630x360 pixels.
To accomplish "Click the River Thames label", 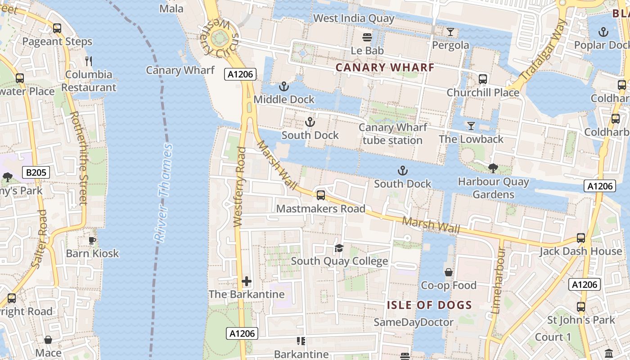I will pyautogui.click(x=163, y=193).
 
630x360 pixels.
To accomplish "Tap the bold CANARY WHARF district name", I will pyautogui.click(x=385, y=68).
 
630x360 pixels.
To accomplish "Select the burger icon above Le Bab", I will pyautogui.click(x=368, y=37).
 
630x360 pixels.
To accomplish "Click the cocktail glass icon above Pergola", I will pyautogui.click(x=450, y=32).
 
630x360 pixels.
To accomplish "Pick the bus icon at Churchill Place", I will pyautogui.click(x=483, y=79).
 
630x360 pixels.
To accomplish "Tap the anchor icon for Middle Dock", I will pyautogui.click(x=284, y=86).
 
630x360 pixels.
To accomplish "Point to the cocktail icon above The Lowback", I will pyautogui.click(x=471, y=126).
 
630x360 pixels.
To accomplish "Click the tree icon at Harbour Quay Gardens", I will pyautogui.click(x=493, y=168).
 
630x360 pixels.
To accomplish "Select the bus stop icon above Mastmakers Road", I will pyautogui.click(x=321, y=195).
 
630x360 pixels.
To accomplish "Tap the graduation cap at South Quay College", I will pyautogui.click(x=339, y=248).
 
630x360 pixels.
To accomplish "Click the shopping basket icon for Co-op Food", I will pyautogui.click(x=449, y=272).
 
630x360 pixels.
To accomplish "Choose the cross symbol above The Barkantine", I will pyautogui.click(x=247, y=282).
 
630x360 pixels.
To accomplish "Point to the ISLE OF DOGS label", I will pyautogui.click(x=430, y=305).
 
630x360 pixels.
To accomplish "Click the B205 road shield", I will pyautogui.click(x=36, y=172).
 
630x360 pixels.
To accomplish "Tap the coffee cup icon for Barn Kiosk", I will pyautogui.click(x=92, y=240).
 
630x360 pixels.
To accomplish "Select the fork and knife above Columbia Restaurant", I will pyautogui.click(x=89, y=61).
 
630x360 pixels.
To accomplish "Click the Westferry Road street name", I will pyautogui.click(x=239, y=187).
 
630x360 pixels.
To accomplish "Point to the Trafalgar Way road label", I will pyautogui.click(x=543, y=50).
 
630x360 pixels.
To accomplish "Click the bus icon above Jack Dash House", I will pyautogui.click(x=581, y=238).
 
